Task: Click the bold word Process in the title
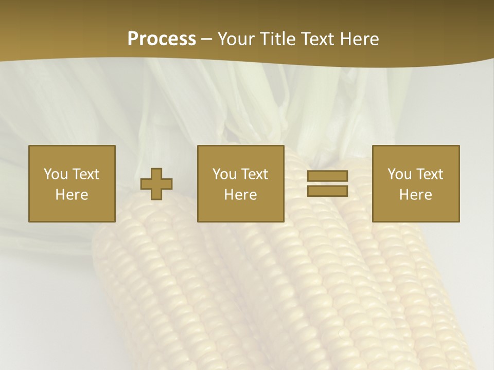point(162,39)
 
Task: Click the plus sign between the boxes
point(156,183)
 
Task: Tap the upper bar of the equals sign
point(327,176)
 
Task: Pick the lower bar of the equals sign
point(327,191)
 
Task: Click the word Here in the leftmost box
point(72,195)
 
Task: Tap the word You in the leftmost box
point(56,174)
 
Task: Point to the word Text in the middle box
point(255,174)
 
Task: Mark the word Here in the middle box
point(240,195)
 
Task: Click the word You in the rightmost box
point(399,174)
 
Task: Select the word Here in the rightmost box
point(415,195)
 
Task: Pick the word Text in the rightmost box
point(430,174)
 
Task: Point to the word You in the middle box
point(224,174)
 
